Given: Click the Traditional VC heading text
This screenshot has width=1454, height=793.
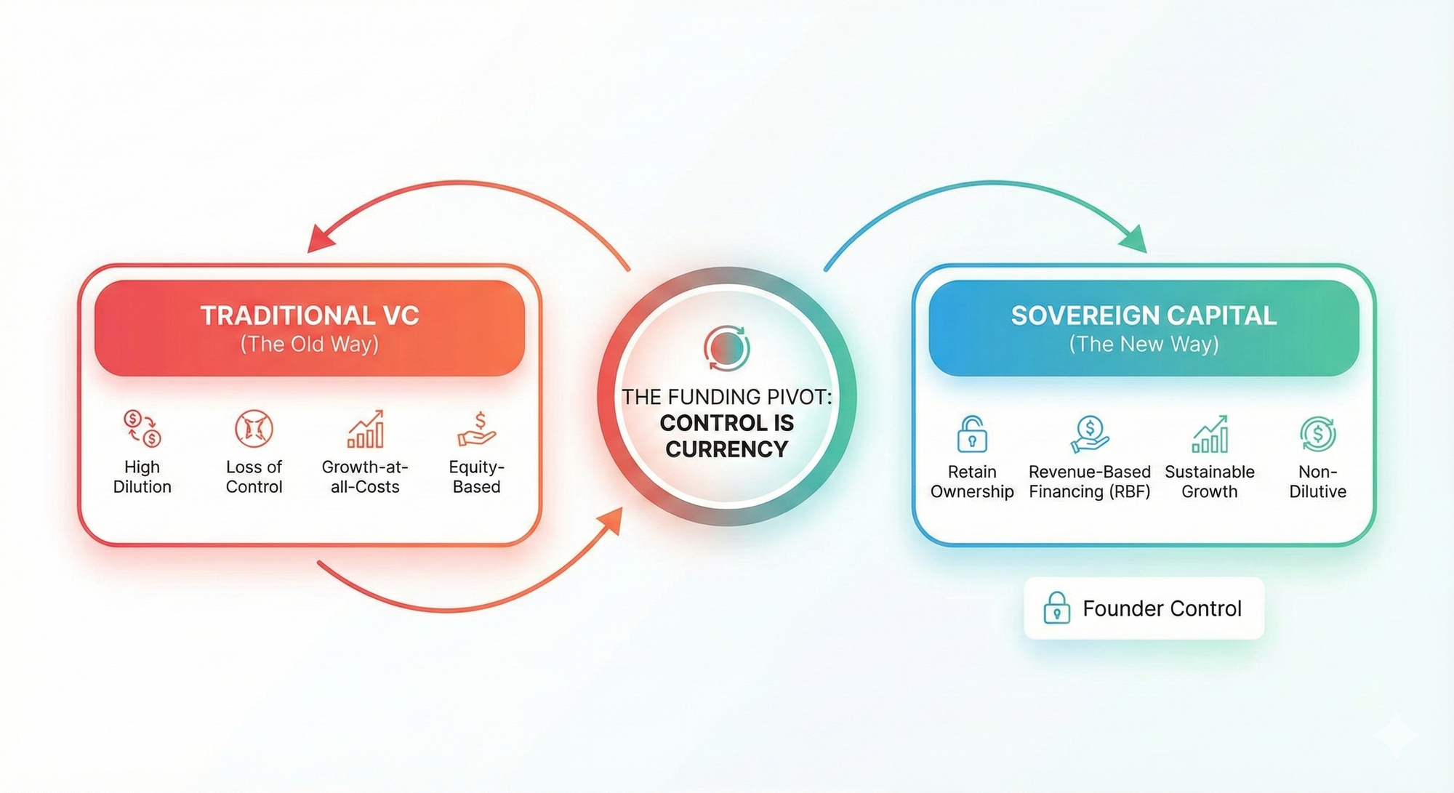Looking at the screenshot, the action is [x=310, y=315].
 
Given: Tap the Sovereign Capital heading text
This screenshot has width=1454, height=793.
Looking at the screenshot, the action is [x=1144, y=315].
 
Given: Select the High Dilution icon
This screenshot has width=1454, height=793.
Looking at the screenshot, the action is [x=142, y=428].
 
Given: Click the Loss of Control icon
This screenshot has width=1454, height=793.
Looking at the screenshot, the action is [x=254, y=428].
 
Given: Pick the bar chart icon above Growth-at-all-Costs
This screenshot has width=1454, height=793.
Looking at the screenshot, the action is [x=366, y=429].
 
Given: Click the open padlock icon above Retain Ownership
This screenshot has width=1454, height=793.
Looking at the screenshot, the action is [x=972, y=434].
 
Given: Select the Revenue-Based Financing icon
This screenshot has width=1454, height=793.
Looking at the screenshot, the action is [x=1090, y=434].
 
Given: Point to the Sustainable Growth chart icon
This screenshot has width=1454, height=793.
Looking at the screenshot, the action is [x=1210, y=434].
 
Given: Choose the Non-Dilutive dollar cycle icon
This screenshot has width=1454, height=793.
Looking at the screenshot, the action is [x=1317, y=434].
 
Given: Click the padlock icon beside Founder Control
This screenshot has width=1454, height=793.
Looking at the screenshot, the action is [x=1056, y=608].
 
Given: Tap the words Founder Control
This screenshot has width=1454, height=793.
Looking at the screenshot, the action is [x=1162, y=608].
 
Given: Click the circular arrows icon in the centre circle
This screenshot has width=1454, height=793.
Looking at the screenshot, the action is [x=726, y=348].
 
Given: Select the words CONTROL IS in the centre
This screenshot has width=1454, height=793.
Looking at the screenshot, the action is [x=726, y=423].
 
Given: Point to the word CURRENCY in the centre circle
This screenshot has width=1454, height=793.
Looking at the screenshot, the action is [x=726, y=449].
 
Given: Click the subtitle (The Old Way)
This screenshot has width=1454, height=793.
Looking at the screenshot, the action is [x=310, y=344].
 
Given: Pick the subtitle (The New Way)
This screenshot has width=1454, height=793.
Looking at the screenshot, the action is [x=1144, y=344].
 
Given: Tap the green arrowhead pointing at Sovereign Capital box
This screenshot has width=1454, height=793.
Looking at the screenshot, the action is [x=1133, y=239].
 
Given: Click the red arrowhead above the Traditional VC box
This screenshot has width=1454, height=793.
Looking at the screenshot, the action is [x=320, y=238].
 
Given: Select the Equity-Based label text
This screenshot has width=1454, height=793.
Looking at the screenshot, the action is [x=477, y=477].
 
